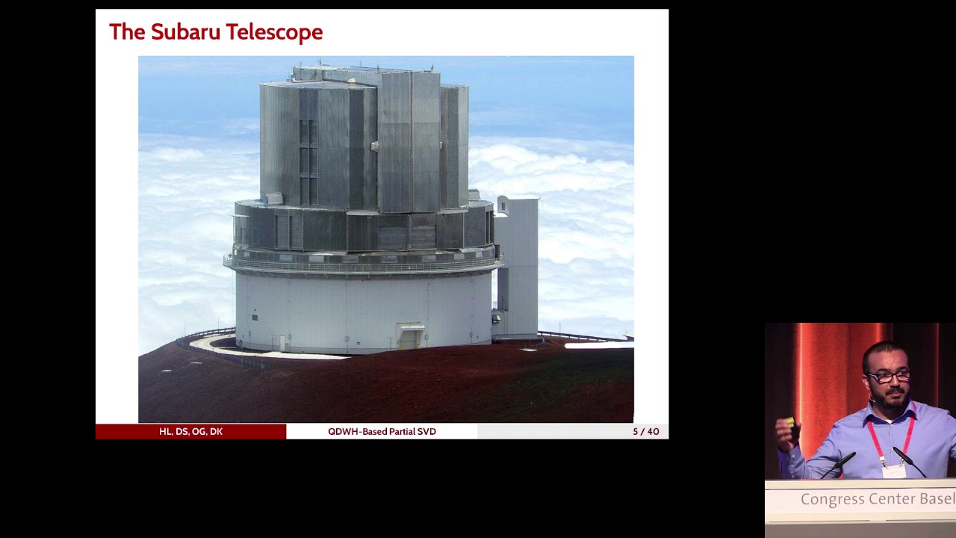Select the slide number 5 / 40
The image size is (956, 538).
tap(645, 432)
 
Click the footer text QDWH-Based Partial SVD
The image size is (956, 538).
tap(382, 432)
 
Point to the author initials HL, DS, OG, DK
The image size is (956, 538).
tap(190, 432)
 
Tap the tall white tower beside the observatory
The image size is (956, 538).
tap(517, 265)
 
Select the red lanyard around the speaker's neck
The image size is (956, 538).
tap(875, 437)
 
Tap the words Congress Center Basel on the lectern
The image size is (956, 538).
tap(877, 499)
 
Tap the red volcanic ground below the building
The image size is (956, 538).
tap(388, 389)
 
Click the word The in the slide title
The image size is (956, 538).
tap(127, 32)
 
